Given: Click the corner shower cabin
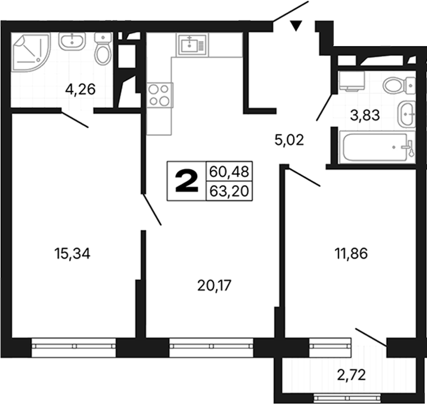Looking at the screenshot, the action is pyautogui.click(x=31, y=52).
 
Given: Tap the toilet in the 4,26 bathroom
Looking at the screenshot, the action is pyautogui.click(x=103, y=48).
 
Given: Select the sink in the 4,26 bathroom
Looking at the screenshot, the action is pyautogui.click(x=72, y=41).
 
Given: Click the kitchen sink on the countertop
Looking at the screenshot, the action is pyautogui.click(x=192, y=45).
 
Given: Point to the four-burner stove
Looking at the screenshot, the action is pyautogui.click(x=160, y=95).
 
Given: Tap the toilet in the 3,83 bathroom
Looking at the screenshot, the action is pyautogui.click(x=399, y=85).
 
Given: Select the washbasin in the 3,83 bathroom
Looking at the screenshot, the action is pyautogui.click(x=407, y=114).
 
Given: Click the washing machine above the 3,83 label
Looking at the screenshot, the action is pyautogui.click(x=352, y=81).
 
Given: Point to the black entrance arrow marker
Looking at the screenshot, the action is pyautogui.click(x=296, y=25).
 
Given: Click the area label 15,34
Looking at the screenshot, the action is pyautogui.click(x=73, y=254).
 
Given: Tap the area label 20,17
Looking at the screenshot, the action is pyautogui.click(x=214, y=286).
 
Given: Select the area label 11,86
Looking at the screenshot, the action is pyautogui.click(x=351, y=253).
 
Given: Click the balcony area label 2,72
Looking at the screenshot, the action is pyautogui.click(x=352, y=375).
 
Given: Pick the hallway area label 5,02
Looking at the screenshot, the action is pyautogui.click(x=289, y=140).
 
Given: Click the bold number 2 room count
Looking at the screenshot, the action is pyautogui.click(x=187, y=181).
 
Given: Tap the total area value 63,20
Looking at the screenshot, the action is pyautogui.click(x=229, y=191).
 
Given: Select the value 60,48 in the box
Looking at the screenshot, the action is pyautogui.click(x=229, y=172).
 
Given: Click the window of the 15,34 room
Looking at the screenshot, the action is pyautogui.click(x=74, y=347).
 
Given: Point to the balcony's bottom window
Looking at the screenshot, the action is pyautogui.click(x=347, y=398).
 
